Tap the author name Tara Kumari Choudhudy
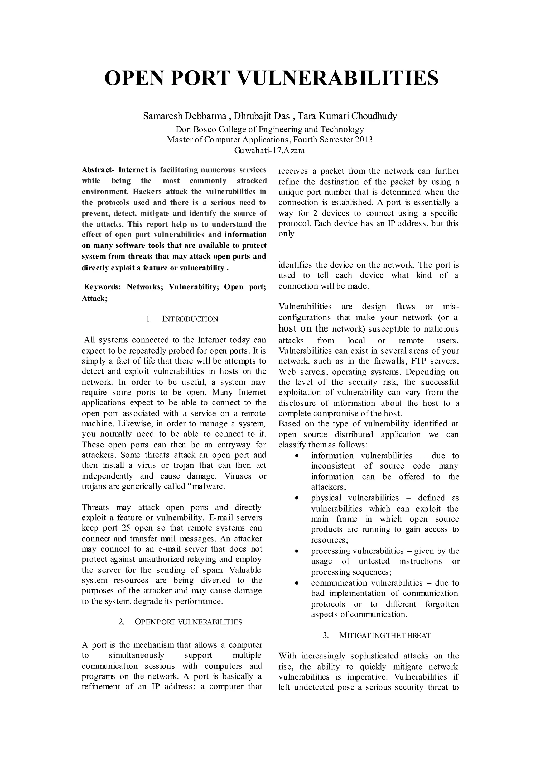click(347, 116)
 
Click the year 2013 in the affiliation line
click(363, 139)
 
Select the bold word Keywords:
click(102, 287)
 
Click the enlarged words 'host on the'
click(303, 329)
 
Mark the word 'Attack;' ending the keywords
click(94, 298)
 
